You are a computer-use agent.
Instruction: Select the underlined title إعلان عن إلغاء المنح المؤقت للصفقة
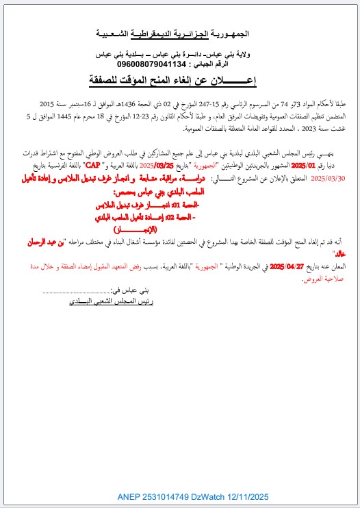180,81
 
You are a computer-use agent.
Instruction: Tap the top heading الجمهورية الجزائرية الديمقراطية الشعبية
180,34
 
